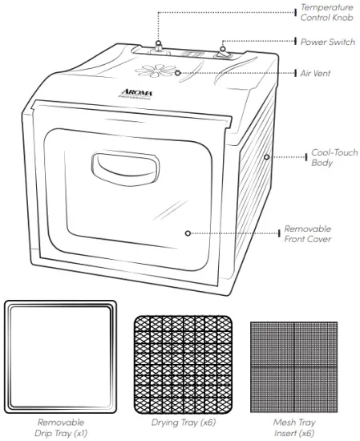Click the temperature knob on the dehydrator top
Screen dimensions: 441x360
(x=160, y=47)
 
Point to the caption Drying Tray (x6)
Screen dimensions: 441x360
(x=183, y=423)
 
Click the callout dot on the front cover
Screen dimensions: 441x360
(x=187, y=233)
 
